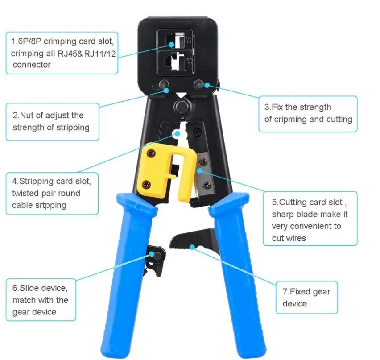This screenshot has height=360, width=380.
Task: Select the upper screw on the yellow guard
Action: tap(152, 153)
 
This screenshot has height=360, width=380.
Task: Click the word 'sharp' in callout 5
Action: tap(283, 215)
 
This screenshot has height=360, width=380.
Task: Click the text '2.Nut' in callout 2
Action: tap(24, 116)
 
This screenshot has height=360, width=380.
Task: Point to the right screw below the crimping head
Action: tap(198, 84)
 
